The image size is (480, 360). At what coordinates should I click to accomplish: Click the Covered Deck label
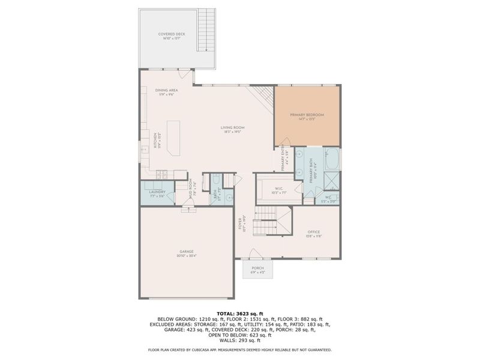(x=172, y=35)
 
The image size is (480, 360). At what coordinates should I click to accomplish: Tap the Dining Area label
(x=166, y=92)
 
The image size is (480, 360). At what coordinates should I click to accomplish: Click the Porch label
(x=257, y=268)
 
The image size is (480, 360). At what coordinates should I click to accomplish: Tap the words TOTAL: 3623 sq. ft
(x=239, y=313)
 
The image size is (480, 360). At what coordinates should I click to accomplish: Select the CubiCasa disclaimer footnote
(x=239, y=350)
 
